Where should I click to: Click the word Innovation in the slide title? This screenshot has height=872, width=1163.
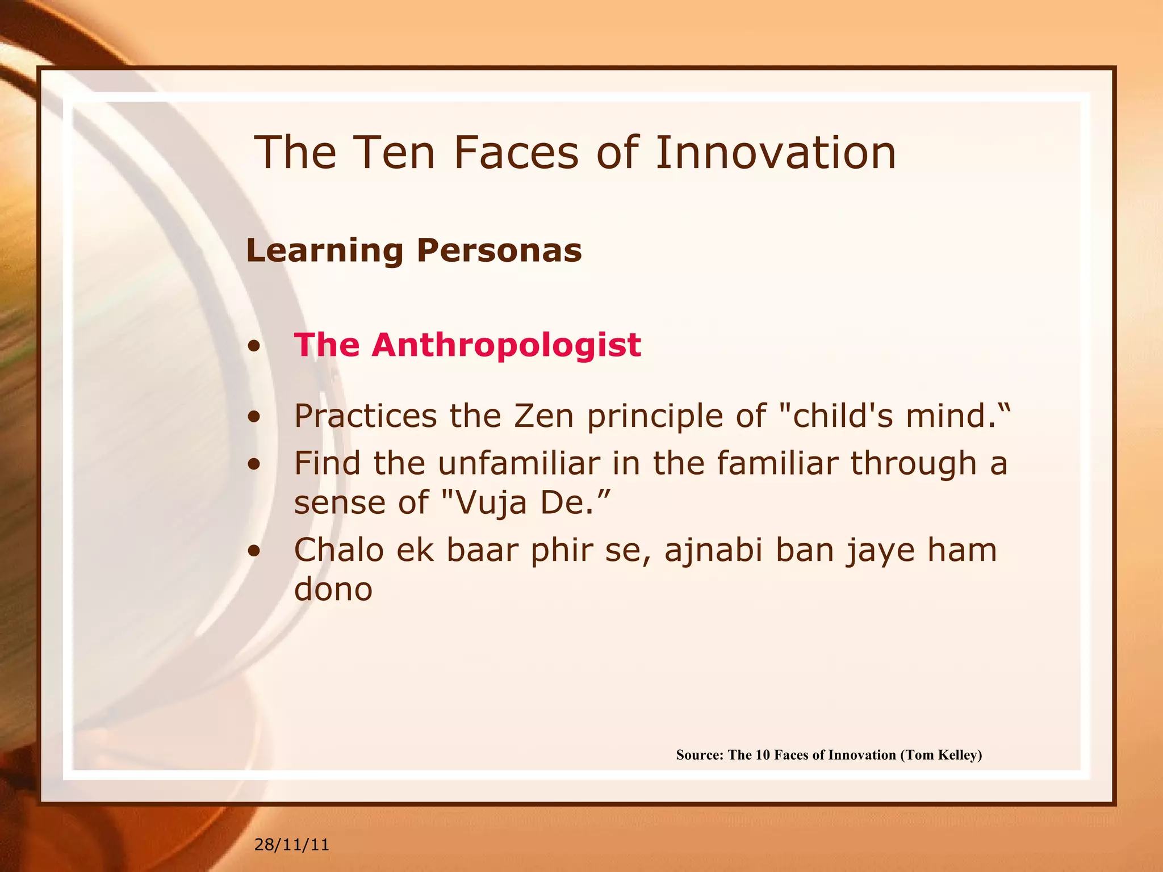775,153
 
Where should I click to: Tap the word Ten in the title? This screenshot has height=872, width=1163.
393,153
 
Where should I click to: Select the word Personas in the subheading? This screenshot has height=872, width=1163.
499,250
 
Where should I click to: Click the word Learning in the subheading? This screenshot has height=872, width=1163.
324,250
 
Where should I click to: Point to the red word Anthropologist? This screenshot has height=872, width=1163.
506,345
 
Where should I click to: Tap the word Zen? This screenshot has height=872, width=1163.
543,416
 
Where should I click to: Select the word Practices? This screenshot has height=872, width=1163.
365,416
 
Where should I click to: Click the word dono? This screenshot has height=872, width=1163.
333,590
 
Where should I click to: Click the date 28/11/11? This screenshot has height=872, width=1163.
291,845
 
